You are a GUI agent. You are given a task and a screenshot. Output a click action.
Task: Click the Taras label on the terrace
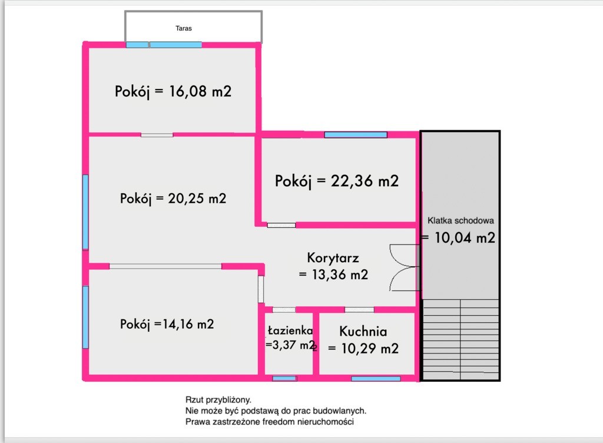(184, 28)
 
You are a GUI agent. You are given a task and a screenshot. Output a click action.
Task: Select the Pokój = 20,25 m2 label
(173, 199)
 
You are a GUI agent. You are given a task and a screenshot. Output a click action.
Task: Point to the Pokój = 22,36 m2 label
(336, 181)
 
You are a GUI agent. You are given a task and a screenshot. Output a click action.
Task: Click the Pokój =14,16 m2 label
(167, 324)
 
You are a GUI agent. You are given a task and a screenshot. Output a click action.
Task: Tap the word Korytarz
(333, 257)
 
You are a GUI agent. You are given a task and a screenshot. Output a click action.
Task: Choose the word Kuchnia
(363, 331)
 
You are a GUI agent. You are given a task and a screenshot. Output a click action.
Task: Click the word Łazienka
(290, 330)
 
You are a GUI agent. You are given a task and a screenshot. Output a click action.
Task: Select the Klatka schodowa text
(460, 221)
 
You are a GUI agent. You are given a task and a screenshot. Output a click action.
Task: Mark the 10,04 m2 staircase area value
(465, 237)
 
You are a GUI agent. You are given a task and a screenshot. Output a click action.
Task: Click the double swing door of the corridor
(404, 267)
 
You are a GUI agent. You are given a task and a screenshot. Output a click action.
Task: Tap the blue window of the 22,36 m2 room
(356, 134)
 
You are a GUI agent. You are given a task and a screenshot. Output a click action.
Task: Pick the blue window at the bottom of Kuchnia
(376, 379)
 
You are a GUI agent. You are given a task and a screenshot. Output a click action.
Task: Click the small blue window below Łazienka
(284, 379)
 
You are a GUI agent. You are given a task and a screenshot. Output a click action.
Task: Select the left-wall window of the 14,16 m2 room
(86, 318)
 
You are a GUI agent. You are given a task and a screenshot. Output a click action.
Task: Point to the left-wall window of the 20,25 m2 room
(86, 212)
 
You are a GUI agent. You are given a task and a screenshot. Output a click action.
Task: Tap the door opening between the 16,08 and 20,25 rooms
(157, 135)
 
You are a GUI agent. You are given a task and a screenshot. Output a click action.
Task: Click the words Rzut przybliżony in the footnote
(218, 401)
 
